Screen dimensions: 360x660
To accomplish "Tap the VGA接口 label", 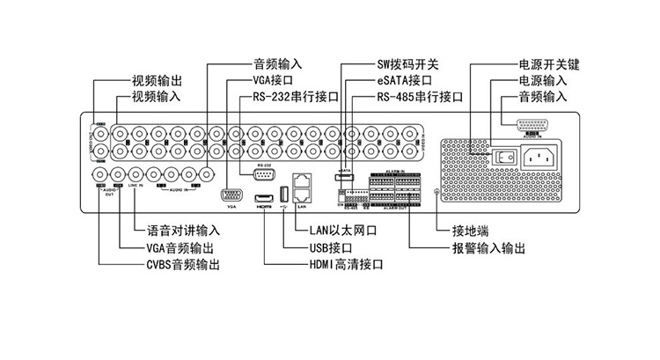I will tap(272, 79).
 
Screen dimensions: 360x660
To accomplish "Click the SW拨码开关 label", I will tap(407, 64).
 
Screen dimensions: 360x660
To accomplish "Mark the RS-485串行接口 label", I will tap(419, 95).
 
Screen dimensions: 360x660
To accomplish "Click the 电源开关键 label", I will tap(549, 64).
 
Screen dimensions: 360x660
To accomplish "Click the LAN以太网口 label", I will tap(343, 231).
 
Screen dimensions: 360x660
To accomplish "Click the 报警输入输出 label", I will tap(488, 247).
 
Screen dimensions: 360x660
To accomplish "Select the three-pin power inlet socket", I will tap(539, 158).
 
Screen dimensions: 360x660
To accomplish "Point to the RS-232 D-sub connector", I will tap(265, 173).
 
